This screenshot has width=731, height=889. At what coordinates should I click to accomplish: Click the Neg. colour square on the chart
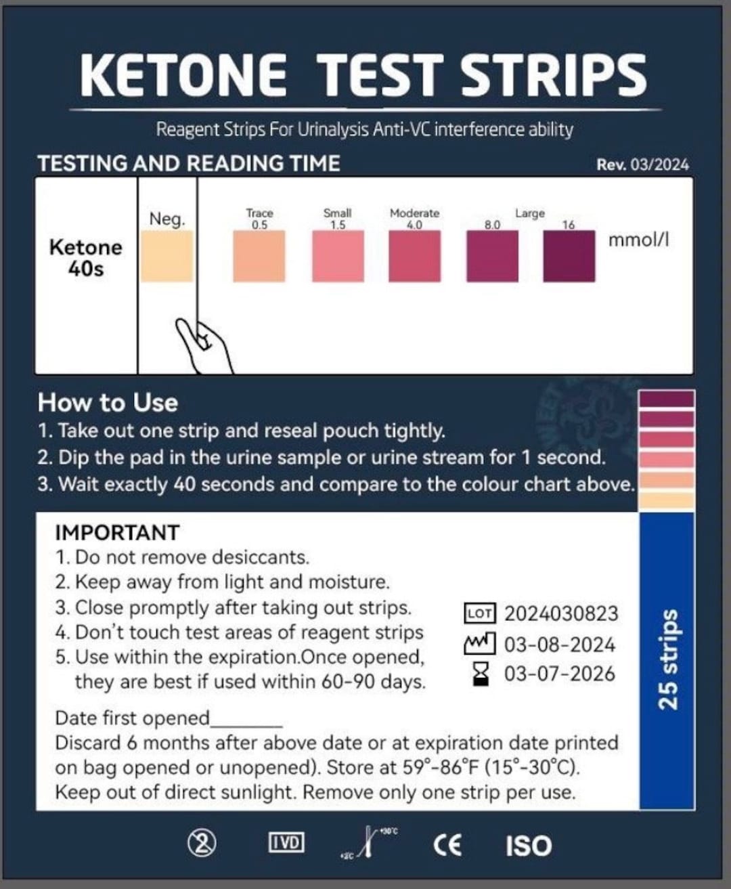167,256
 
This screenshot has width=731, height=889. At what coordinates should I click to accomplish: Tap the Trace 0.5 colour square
259,256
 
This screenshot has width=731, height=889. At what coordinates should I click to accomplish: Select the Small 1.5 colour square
338,256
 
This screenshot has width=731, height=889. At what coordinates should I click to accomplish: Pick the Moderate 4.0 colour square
414,256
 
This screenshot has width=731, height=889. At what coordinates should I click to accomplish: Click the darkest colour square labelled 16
569,256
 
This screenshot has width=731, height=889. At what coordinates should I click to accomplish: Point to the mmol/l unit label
638,240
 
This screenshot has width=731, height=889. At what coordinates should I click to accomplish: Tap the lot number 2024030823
561,613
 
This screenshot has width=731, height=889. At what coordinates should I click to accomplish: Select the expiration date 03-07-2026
560,674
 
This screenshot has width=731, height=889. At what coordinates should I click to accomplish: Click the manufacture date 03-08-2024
560,644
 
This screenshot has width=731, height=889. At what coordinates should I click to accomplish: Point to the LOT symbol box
480,613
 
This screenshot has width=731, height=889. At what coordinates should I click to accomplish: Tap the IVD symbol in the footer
286,843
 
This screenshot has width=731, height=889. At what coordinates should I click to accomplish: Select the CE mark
447,844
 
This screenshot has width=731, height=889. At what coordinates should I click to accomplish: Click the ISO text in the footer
529,846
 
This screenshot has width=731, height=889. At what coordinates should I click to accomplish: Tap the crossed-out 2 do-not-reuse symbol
202,843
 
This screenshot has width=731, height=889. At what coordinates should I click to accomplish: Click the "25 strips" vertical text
668,659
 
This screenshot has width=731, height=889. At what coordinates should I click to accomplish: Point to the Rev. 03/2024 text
642,165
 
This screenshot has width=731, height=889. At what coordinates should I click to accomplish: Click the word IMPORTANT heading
117,533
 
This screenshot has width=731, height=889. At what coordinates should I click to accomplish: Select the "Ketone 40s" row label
86,258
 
